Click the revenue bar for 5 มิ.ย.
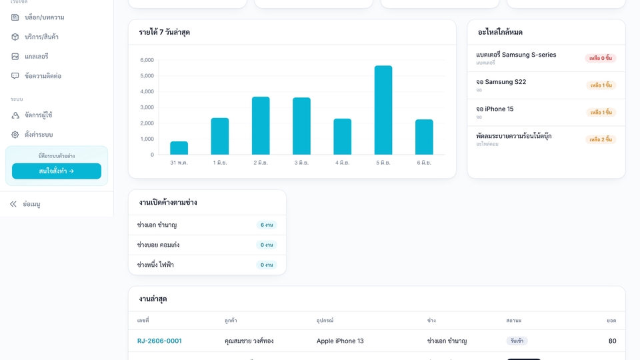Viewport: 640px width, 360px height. tap(383, 110)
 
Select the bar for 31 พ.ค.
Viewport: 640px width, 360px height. tap(179, 148)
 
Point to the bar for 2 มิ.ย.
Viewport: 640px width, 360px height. tap(261, 126)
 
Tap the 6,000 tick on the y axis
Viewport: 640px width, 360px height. tap(147, 60)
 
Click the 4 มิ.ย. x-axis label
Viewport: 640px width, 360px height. tap(343, 163)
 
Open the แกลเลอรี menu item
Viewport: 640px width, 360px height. tap(36, 56)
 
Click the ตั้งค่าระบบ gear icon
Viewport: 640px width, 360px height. tap(15, 135)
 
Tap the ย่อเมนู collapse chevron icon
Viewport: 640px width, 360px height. tap(13, 204)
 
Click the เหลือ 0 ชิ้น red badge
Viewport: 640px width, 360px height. tap(601, 58)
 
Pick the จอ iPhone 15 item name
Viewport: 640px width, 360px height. tap(495, 109)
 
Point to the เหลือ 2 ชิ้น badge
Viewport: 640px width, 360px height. tap(601, 139)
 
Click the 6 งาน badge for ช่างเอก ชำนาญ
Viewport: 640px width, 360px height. tap(267, 225)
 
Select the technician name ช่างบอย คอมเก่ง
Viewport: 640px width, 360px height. tap(159, 245)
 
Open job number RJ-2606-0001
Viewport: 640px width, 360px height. tap(159, 341)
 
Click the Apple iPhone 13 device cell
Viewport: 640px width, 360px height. tap(340, 341)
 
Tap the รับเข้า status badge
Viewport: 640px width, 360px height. tap(517, 341)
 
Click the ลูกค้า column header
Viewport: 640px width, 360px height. tap(231, 321)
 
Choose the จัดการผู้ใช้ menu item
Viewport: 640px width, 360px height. tap(39, 115)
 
